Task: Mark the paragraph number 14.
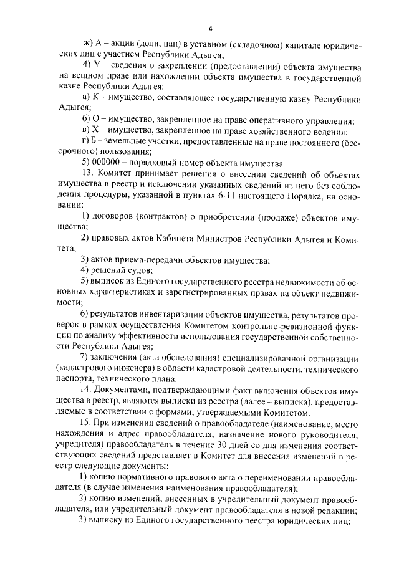coord(87,391)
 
